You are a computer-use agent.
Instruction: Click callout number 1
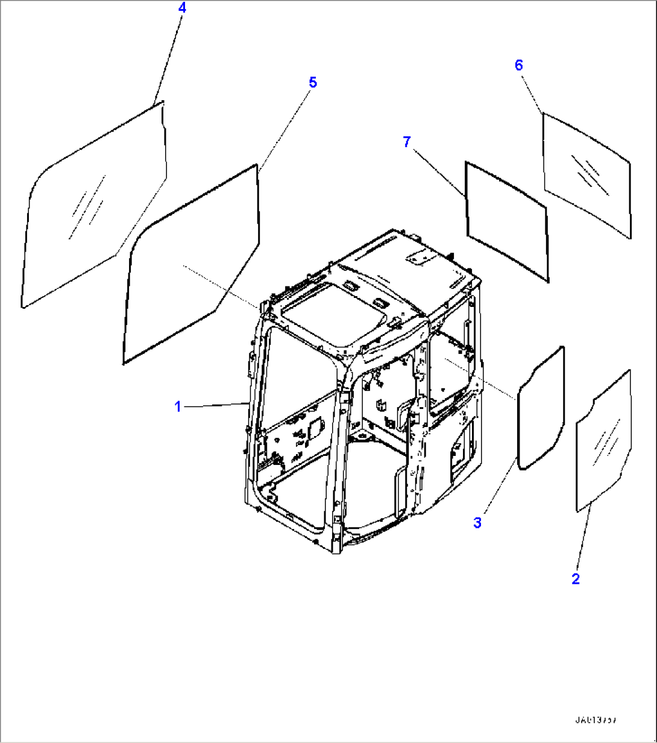click(178, 407)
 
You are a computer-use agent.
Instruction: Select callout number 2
click(576, 579)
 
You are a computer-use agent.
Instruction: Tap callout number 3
click(477, 523)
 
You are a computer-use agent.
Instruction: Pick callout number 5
click(312, 82)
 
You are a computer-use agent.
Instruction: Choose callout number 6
click(520, 65)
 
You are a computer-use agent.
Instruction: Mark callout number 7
click(407, 142)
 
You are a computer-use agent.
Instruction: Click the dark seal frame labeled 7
click(467, 199)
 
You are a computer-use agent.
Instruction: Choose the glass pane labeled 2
click(603, 440)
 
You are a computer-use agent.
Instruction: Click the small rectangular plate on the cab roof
click(420, 257)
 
